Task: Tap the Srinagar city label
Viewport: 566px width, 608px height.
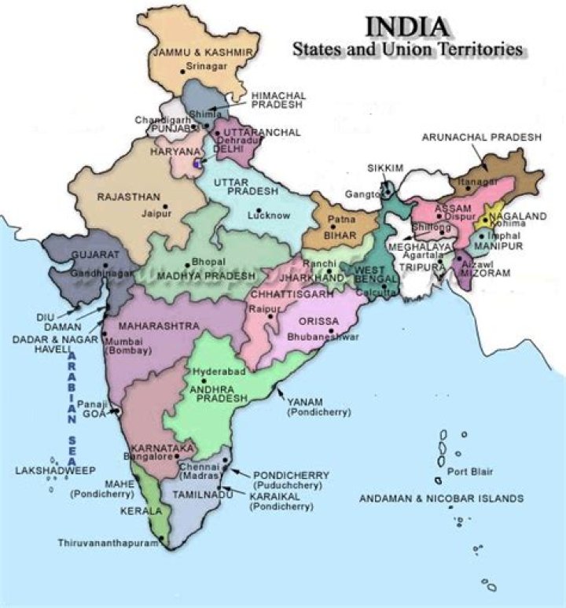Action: [x=208, y=68]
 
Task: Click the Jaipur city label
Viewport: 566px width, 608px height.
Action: [x=157, y=212]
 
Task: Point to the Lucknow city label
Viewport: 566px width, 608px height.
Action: [x=269, y=215]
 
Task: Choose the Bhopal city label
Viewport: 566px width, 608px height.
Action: [x=210, y=262]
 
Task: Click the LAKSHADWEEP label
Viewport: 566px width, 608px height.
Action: [x=55, y=470]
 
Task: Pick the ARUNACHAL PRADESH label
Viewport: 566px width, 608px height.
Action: [x=481, y=137]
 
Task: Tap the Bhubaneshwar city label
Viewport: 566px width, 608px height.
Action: [x=325, y=337]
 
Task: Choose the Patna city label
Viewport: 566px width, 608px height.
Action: [x=337, y=221]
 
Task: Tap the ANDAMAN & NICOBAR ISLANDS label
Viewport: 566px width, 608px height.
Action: [x=441, y=499]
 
